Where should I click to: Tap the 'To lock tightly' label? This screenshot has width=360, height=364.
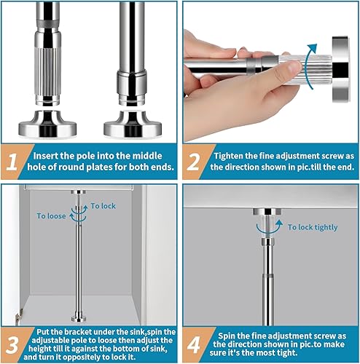[x=313, y=227]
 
